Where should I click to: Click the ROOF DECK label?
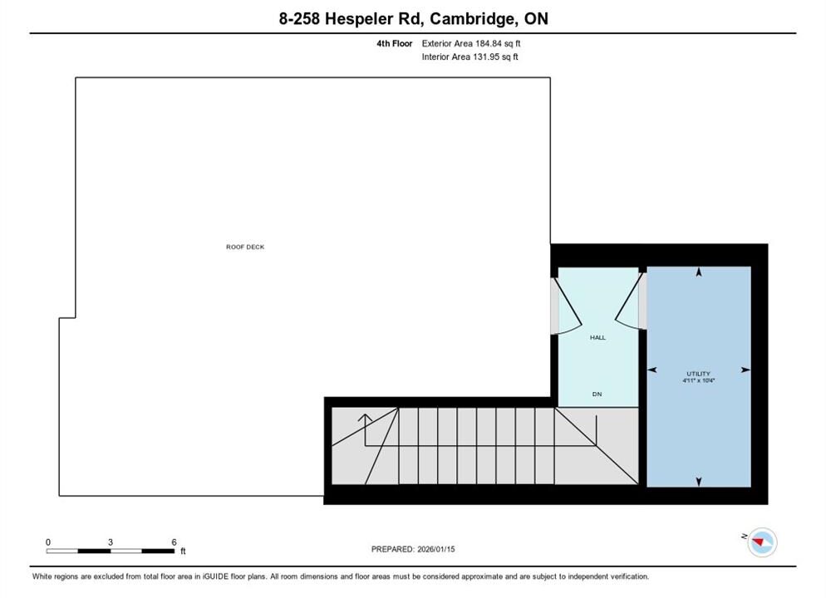pos(245,247)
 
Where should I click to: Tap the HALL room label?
pos(597,337)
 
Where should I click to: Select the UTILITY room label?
pos(698,374)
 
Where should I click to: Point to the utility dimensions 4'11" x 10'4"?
pos(699,380)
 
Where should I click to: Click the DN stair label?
pos(597,394)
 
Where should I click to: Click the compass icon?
pos(762,542)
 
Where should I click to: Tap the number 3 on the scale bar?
pos(110,542)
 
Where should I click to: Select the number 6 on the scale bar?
pos(174,542)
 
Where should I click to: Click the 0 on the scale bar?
pos(48,542)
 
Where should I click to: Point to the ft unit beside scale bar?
pos(183,551)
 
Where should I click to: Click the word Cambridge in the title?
pos(473,19)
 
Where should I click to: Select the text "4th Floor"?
pos(394,44)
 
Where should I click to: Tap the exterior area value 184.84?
pos(489,44)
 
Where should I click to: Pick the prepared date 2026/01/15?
pos(436,549)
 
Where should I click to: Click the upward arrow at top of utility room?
pos(699,272)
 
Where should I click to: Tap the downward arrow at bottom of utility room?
pos(699,482)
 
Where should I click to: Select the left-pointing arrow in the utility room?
pos(651,370)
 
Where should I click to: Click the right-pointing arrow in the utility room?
pos(745,370)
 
